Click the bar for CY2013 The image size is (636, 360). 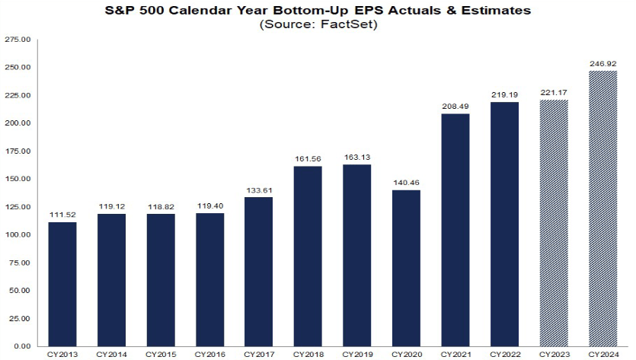(x=62, y=284)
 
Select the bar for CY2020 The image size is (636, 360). (x=407, y=268)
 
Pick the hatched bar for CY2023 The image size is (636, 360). (x=554, y=223)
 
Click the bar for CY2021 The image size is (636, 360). (x=455, y=230)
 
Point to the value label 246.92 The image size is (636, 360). (x=603, y=63)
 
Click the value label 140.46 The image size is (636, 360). (x=407, y=182)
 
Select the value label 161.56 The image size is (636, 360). (x=308, y=158)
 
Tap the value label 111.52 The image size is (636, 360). (x=62, y=214)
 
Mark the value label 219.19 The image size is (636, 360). (x=505, y=94)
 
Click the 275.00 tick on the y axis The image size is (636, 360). (x=17, y=40)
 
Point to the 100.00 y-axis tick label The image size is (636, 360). (x=17, y=235)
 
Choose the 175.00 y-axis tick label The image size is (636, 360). (x=17, y=151)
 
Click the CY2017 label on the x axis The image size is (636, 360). (x=259, y=354)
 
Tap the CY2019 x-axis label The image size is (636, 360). (x=357, y=354)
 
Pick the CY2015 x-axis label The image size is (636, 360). (x=161, y=354)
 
